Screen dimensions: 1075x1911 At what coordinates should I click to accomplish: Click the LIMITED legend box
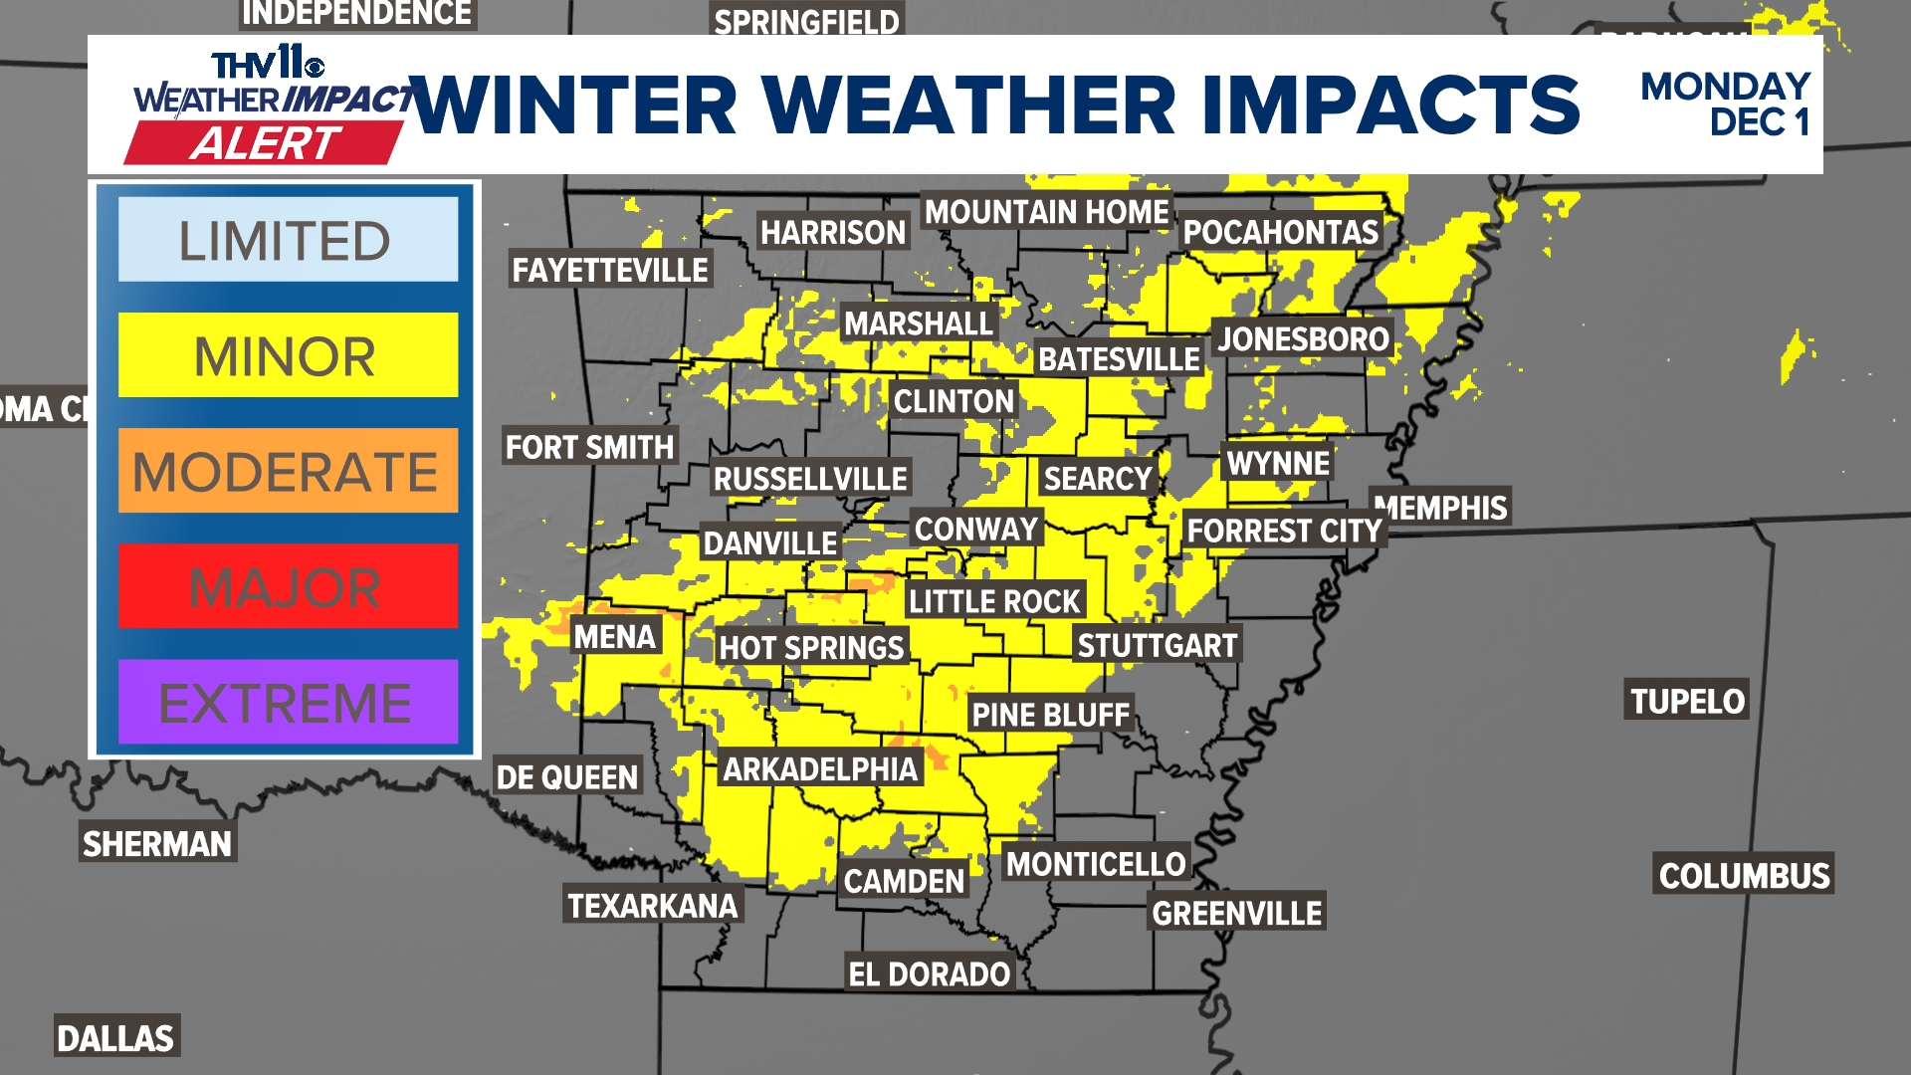coord(288,240)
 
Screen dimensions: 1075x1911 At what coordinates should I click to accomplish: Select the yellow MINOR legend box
coord(288,355)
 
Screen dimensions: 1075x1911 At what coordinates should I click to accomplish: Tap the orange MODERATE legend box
coord(288,471)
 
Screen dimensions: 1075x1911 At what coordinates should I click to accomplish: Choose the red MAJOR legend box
coord(288,586)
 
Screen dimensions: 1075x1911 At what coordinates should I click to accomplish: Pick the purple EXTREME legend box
coord(288,702)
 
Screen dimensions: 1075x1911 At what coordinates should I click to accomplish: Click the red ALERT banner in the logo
coord(265,143)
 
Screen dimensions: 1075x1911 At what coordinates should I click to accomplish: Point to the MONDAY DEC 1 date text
coord(1725,105)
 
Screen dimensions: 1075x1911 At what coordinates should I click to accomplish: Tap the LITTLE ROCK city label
coord(994,601)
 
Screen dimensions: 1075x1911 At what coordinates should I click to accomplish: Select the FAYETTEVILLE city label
coord(610,270)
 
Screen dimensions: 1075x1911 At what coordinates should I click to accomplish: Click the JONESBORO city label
coord(1303,339)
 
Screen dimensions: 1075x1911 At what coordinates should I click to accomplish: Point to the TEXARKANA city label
coord(653,906)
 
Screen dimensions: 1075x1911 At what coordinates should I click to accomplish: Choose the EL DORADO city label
coord(929,973)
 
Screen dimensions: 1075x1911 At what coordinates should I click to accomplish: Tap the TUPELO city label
coord(1687,701)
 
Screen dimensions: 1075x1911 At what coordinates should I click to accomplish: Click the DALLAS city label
coord(115,1038)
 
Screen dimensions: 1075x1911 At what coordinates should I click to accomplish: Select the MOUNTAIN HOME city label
coord(1046,212)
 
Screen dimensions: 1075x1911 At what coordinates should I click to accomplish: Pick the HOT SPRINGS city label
coord(811,648)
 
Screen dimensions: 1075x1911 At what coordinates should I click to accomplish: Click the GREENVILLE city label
coord(1237,913)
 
